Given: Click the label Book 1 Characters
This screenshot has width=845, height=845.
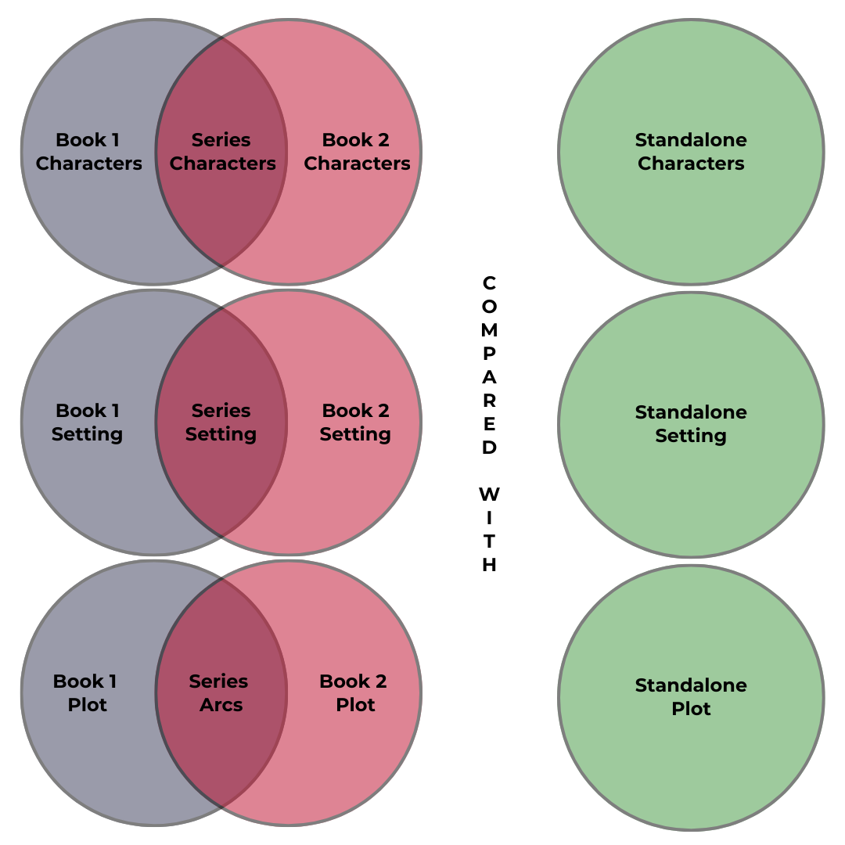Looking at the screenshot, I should (88, 152).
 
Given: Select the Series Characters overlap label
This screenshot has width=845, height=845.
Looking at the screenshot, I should (222, 152).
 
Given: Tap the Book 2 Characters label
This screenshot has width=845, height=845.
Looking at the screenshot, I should (357, 152).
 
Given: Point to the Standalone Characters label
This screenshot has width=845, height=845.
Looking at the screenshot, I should (691, 152).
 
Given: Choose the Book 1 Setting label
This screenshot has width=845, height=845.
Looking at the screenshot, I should (87, 422).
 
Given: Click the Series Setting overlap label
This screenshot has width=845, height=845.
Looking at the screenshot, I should (221, 422).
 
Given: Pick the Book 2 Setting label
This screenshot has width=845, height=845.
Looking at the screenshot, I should (355, 422).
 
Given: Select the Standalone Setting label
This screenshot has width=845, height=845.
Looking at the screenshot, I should (691, 424).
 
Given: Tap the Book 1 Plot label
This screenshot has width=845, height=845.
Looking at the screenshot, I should (86, 693).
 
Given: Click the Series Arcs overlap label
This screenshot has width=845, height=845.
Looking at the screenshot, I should (220, 693).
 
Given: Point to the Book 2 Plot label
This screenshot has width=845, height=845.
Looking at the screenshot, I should (354, 693).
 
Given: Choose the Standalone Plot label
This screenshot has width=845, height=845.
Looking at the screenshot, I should (691, 697).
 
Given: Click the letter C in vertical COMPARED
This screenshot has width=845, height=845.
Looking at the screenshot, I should (489, 282).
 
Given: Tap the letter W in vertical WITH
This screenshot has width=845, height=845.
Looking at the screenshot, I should (489, 494).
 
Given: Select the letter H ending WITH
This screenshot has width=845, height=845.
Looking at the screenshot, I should (489, 565).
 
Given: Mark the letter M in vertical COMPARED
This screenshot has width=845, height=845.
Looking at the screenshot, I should (489, 330).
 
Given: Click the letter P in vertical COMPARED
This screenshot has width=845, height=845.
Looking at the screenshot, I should (489, 354).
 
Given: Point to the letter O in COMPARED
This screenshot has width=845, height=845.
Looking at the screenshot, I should (489, 307).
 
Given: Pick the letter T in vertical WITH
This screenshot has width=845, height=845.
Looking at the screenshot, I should (489, 541).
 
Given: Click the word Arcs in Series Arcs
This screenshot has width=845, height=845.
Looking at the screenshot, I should (221, 705).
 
